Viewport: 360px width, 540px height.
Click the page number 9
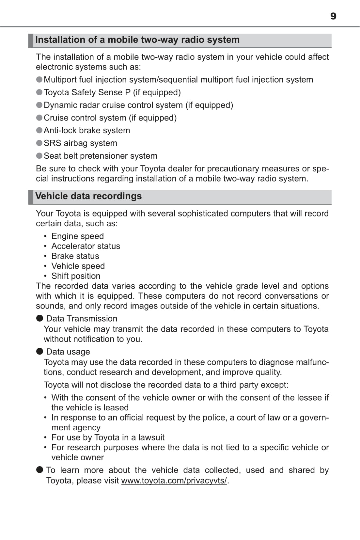333,16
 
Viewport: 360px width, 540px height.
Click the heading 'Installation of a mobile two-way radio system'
137,40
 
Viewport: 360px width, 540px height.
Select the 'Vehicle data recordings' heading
88,196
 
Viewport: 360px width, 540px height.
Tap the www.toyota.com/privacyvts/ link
174,481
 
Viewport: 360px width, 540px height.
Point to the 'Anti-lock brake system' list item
87,131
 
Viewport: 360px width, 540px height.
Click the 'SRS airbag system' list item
80,143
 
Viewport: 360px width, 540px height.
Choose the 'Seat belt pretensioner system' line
100,156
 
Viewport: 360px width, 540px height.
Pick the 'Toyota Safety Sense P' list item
112,93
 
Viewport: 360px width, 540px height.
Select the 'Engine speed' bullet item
77,236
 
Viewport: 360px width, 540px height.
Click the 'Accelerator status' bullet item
86,246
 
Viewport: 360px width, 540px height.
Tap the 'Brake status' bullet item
75,256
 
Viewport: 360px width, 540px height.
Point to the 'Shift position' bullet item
76,276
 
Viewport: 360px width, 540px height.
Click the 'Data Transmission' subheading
82,319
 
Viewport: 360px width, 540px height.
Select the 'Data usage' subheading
68,352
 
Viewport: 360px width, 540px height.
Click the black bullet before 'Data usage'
40,351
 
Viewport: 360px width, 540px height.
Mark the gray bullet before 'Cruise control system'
39,118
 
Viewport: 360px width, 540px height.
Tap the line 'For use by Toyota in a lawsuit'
108,437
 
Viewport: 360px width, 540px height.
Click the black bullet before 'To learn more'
40,470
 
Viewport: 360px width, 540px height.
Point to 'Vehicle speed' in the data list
78,266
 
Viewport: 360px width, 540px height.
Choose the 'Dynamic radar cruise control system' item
138,105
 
